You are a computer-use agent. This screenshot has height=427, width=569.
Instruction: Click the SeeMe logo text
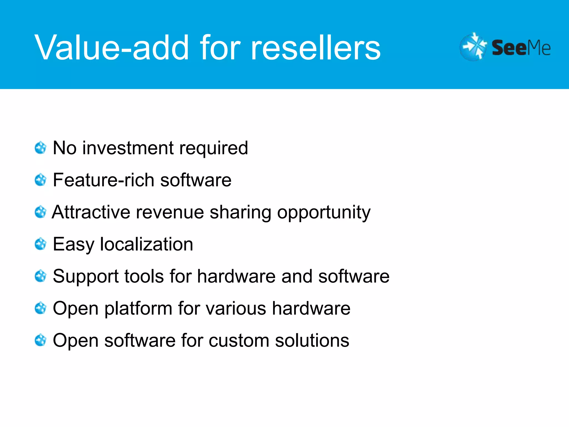point(521,48)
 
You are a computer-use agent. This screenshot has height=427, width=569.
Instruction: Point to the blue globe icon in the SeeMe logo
point(473,47)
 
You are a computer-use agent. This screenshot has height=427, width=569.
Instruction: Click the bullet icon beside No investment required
point(41,148)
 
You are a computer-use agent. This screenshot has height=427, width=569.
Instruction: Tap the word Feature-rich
point(103,180)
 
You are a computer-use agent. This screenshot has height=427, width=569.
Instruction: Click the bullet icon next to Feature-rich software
point(41,180)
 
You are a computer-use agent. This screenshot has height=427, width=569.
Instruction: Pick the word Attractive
point(91,212)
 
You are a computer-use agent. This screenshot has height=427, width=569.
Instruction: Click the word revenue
point(170,212)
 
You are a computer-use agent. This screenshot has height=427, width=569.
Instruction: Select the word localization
point(146,244)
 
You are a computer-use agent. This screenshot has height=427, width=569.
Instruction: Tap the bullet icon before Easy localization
point(41,244)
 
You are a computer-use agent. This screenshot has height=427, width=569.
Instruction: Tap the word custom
point(239,341)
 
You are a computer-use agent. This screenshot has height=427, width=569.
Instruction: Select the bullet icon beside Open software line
point(41,340)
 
